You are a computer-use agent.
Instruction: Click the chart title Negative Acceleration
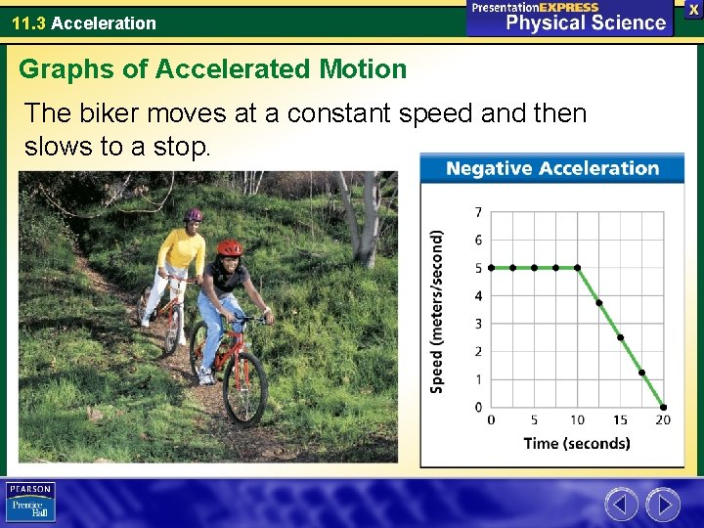(552, 168)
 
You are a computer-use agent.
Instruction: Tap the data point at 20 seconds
(663, 407)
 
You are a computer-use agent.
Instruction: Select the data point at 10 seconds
(577, 267)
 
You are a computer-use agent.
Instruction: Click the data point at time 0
(491, 267)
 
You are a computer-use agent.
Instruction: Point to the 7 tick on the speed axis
(478, 212)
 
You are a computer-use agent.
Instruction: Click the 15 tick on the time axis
(620, 420)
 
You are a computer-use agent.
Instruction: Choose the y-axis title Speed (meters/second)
(437, 311)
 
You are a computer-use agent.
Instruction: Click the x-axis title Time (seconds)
(577, 443)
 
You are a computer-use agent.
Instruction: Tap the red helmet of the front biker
(230, 247)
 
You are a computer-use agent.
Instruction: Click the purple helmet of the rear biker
(194, 214)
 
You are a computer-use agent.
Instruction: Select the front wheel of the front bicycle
(243, 386)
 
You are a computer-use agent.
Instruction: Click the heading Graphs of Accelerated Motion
(212, 69)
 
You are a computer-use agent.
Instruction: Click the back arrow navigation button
(621, 505)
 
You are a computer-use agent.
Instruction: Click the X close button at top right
(693, 8)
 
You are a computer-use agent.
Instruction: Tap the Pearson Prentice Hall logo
(31, 502)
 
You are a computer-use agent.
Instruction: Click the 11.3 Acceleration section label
(84, 22)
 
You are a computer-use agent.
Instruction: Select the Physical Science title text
(585, 22)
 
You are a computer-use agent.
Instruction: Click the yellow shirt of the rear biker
(182, 252)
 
